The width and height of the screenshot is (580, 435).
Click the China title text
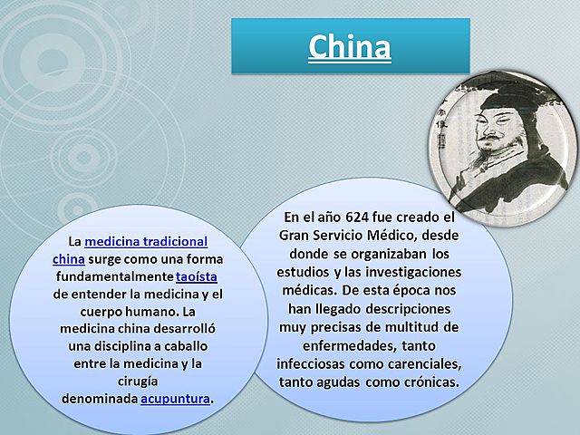coord(350,45)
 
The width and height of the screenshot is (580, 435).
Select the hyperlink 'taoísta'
coord(197,275)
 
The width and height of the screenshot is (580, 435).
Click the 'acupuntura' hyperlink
coord(175,397)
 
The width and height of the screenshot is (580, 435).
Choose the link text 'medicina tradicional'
coord(146,242)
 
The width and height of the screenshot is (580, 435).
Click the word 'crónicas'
coord(429,382)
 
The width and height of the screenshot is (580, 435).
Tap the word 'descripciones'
coord(413,308)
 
